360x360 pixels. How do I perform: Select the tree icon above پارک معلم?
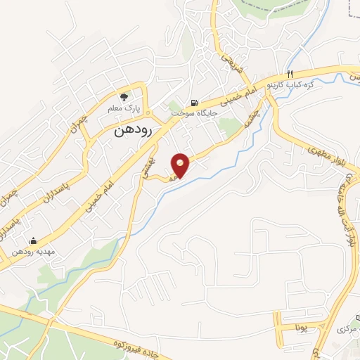pyautogui.click(x=124, y=97)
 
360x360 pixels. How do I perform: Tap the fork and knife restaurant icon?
pyautogui.click(x=289, y=74)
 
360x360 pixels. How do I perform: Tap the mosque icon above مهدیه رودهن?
pyautogui.click(x=32, y=240)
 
